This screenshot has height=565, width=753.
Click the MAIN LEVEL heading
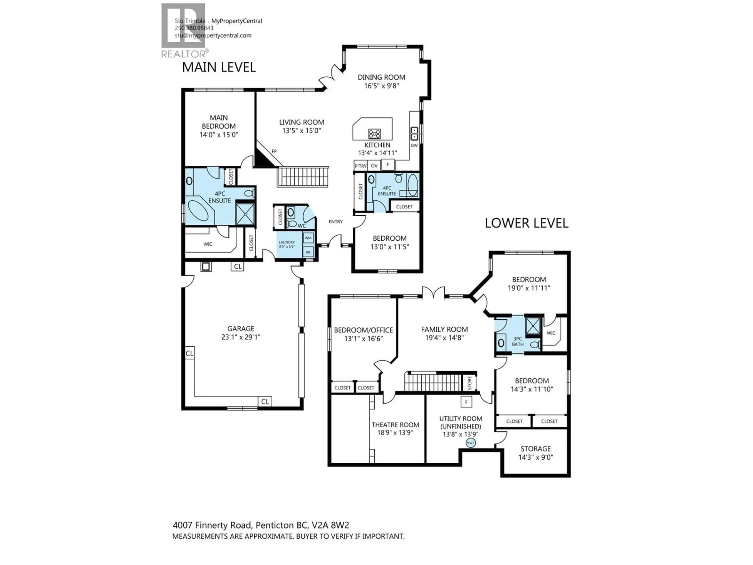coord(219,67)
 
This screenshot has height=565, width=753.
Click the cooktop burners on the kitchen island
coord(375,134)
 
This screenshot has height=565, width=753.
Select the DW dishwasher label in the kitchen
coord(414,145)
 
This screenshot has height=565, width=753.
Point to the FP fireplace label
coord(274,151)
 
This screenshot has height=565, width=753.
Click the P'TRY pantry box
coord(360,166)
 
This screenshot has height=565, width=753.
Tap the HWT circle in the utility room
coord(470,443)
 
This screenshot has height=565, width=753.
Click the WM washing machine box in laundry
coord(308,238)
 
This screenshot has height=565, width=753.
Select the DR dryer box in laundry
coord(308,252)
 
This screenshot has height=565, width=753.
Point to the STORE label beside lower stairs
coord(469,383)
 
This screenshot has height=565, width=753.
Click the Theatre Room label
coord(395,425)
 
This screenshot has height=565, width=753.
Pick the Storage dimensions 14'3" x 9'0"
coord(536,457)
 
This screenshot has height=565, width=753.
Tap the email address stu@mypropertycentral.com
coord(213,36)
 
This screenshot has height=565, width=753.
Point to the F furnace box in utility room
coord(466,402)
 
